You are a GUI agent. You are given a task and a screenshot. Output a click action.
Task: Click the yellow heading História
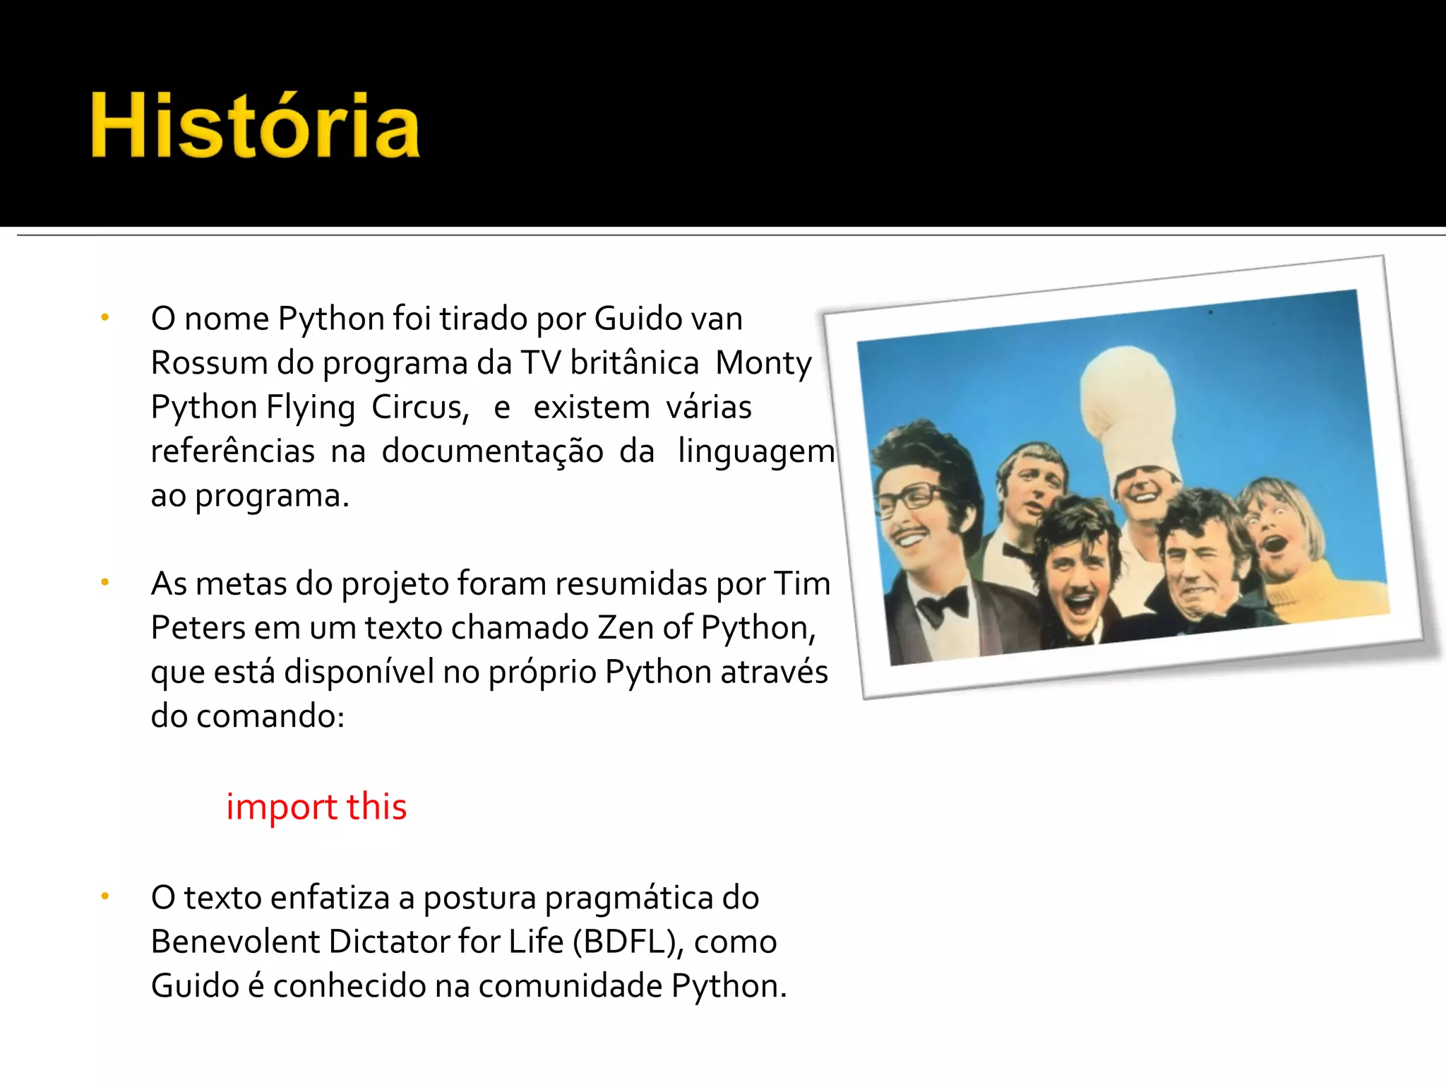(256, 126)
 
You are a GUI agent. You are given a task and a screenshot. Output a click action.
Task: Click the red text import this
(316, 806)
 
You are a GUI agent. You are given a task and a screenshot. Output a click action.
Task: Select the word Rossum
(209, 363)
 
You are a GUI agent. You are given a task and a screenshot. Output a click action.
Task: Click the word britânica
(634, 363)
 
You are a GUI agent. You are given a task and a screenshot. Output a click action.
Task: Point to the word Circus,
(420, 408)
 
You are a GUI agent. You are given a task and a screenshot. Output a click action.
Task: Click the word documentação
(492, 451)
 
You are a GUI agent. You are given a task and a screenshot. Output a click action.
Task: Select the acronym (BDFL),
(628, 942)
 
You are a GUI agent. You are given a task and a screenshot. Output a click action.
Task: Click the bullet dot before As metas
(104, 583)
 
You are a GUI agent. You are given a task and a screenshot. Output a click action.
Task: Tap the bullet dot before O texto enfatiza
(104, 897)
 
